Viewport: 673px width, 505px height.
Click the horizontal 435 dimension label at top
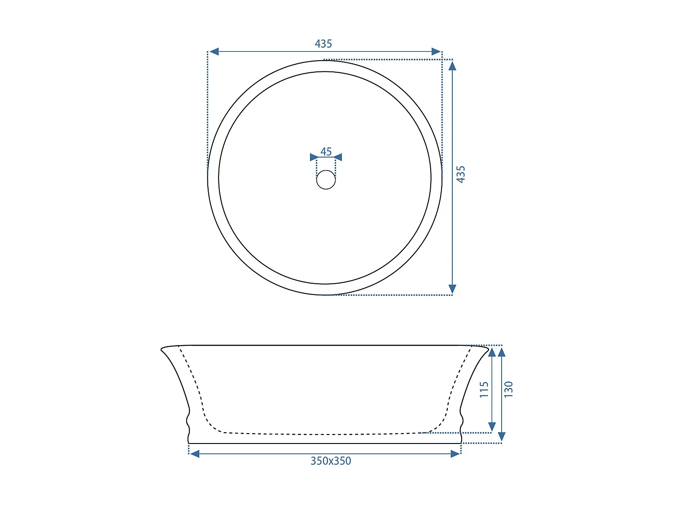tap(323, 44)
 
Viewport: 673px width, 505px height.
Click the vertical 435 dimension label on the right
tap(461, 174)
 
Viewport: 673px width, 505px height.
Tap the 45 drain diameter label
tap(326, 151)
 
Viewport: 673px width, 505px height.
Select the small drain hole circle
tap(326, 180)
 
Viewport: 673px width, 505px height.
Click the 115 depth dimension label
tap(484, 389)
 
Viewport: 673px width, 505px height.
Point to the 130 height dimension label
tap(508, 389)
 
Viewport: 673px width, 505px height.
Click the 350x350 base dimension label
tap(331, 461)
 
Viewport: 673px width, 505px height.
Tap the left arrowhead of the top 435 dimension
tap(214, 52)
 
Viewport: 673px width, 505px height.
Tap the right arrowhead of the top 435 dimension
tap(436, 52)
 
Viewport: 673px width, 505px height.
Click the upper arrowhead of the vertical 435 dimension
tap(452, 66)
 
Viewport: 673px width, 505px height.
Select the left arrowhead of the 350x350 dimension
tap(195, 454)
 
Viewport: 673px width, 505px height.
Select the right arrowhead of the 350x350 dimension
tap(455, 454)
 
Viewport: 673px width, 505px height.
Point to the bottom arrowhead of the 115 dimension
tap(492, 427)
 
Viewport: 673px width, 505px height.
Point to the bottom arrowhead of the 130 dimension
tap(502, 437)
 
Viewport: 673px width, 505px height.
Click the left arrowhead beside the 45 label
tap(314, 157)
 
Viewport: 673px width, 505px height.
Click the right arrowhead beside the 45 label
tap(338, 157)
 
